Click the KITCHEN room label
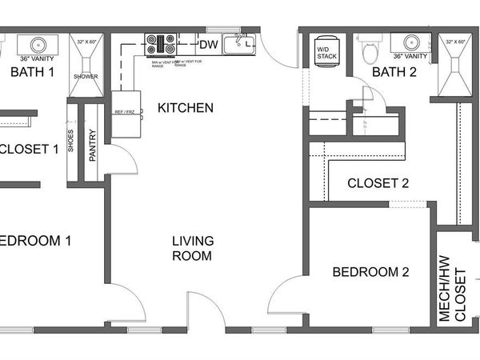pos(185,108)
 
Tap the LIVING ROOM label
pos(192,248)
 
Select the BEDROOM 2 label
pos(370,272)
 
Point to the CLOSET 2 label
pos(378,183)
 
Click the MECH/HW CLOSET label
pos(454,288)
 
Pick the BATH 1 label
pos(32,73)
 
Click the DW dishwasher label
pos(208,44)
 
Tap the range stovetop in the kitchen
pos(160,43)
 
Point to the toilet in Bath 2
pos(370,51)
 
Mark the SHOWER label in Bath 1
pos(86,77)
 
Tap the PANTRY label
pos(93,146)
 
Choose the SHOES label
pos(71,142)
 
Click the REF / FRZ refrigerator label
pos(125,112)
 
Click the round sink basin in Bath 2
pos(412,42)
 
